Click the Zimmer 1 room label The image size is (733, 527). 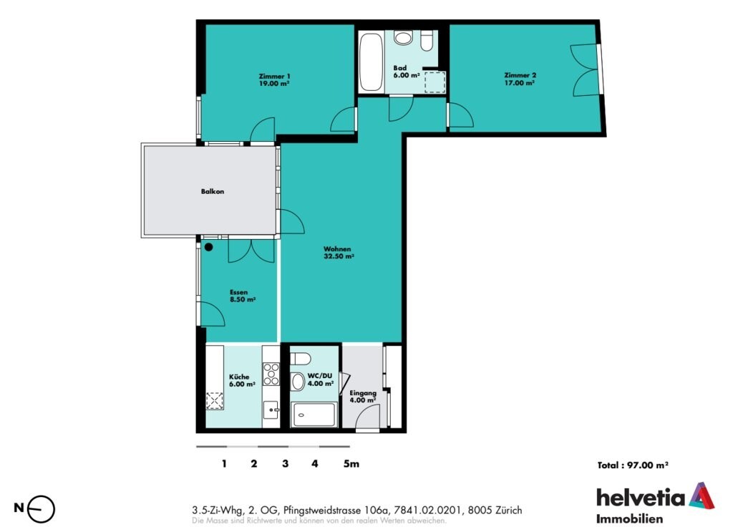coord(274,80)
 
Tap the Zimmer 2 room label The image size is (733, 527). coord(520,79)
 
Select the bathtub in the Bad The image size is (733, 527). coord(371,62)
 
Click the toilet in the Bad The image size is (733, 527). coord(427,41)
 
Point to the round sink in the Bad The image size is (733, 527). coord(403,37)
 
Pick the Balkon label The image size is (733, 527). coord(213,191)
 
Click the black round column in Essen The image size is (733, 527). coord(208,247)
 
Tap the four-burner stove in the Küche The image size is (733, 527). coord(271,374)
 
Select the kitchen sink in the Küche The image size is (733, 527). coord(271,410)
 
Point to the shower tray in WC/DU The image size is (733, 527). coord(314,415)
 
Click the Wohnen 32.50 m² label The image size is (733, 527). coord(339,253)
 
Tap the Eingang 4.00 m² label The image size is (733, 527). coord(363,397)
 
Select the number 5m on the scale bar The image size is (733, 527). coord(351,463)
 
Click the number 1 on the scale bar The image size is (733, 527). coord(224,463)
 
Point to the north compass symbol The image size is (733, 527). coord(41,509)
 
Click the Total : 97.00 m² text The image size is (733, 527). coord(633,465)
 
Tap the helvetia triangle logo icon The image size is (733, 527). coord(702,495)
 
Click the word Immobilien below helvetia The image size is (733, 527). coord(629,518)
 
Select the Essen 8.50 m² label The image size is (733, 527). coord(243,296)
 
